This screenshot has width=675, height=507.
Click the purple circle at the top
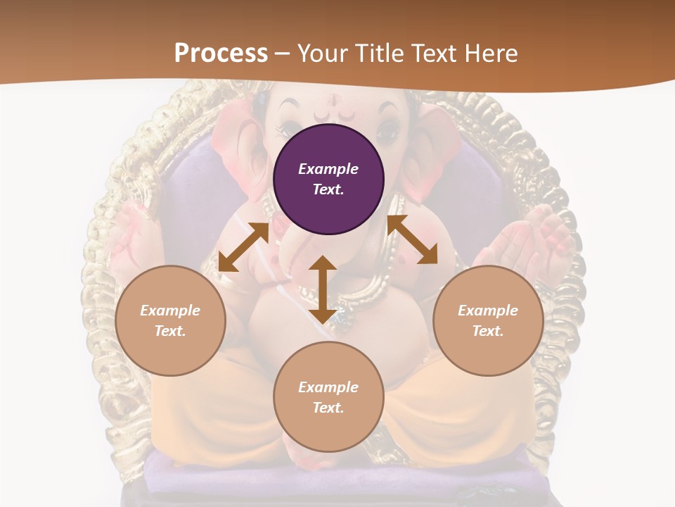[x=328, y=180]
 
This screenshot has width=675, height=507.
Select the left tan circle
[x=170, y=320]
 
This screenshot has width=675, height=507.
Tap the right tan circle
[x=488, y=320]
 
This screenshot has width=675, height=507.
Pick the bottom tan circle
[x=328, y=397]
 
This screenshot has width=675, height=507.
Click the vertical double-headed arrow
[x=323, y=289]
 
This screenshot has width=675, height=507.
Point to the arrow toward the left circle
[x=243, y=247]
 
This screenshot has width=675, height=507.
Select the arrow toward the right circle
[x=412, y=240]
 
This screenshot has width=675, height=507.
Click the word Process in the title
[x=221, y=54]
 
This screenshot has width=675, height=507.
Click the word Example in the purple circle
[x=328, y=169]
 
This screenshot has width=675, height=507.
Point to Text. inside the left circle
[x=170, y=331]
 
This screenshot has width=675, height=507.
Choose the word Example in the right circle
[x=488, y=311]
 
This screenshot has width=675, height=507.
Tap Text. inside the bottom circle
[x=328, y=408]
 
